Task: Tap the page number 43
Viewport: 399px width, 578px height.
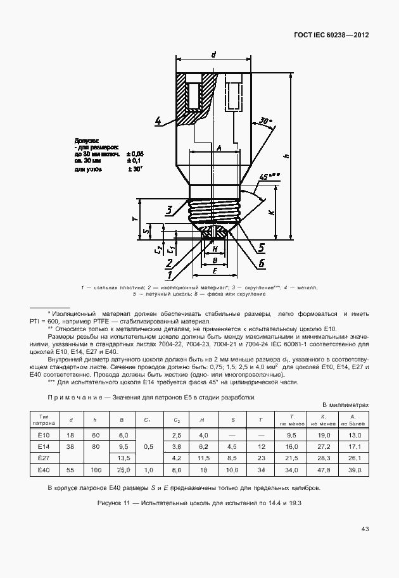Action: click(365, 529)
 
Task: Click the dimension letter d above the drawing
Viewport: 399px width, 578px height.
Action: click(213, 54)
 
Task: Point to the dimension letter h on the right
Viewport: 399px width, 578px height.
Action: click(286, 156)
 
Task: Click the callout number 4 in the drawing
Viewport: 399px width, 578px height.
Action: click(158, 120)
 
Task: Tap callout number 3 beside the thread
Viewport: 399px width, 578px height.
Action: click(169, 210)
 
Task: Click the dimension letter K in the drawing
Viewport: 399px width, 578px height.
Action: click(271, 213)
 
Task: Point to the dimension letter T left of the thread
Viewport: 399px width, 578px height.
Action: click(135, 218)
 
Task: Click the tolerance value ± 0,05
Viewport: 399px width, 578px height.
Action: click(135, 154)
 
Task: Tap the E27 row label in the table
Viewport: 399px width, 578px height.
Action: click(44, 458)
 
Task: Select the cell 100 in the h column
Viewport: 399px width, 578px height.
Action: click(95, 470)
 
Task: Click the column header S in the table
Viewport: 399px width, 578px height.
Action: click(232, 420)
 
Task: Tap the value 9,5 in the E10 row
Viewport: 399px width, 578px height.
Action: click(293, 435)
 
